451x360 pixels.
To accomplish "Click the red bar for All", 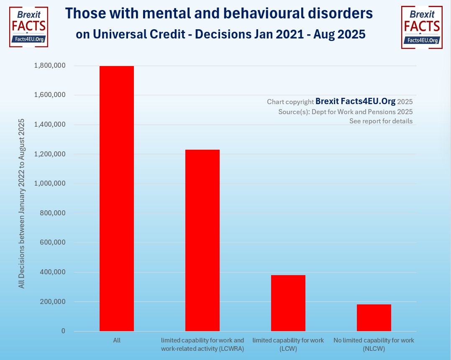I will [x=117, y=199].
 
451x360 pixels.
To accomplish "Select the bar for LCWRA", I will [x=202, y=240].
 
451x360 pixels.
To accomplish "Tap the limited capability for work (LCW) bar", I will [x=288, y=303].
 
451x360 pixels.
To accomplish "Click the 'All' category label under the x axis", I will [x=117, y=340].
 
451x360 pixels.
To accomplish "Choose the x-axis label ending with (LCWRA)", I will [x=202, y=345].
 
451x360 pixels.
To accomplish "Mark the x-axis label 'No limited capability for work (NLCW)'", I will [x=374, y=345].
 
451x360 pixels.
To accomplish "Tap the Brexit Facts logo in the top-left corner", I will [x=28, y=27].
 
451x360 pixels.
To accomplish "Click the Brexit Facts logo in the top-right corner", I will [x=422, y=27].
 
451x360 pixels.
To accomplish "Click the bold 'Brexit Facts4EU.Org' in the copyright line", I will [x=355, y=101].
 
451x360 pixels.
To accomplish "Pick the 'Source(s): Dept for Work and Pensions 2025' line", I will [x=345, y=112].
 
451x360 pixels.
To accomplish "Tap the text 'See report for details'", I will [x=381, y=121].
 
